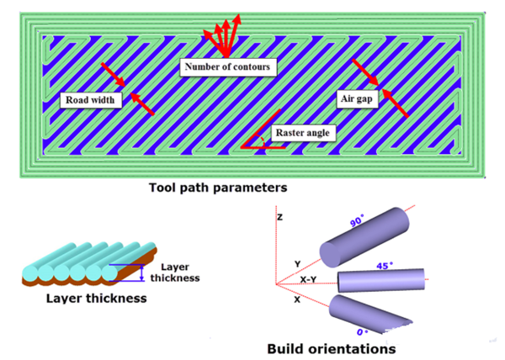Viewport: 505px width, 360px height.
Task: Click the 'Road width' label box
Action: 92,100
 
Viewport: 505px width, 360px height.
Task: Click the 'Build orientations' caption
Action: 330,347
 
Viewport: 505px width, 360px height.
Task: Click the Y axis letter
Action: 297,263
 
